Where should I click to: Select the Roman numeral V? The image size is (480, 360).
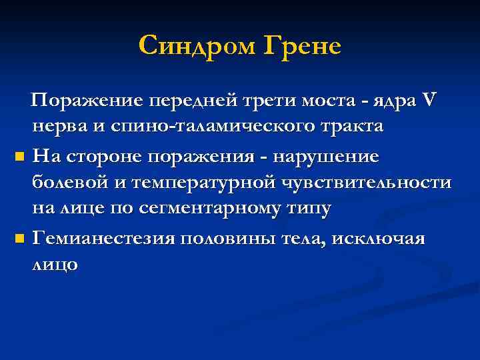429,100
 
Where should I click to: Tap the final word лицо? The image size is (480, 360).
55,264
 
